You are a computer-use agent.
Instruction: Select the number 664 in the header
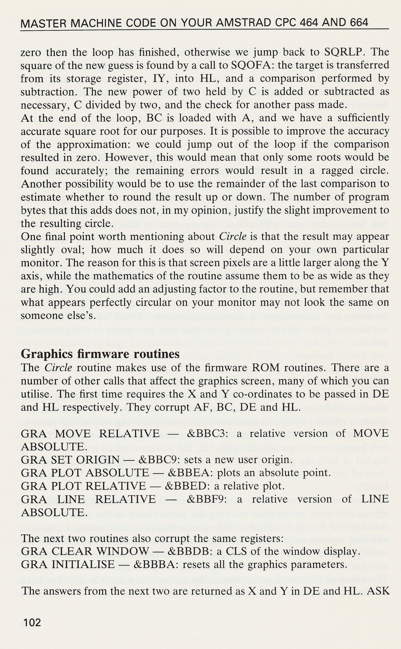(x=359, y=23)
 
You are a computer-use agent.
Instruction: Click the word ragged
(x=337, y=170)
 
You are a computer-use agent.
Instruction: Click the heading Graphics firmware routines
(x=100, y=354)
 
